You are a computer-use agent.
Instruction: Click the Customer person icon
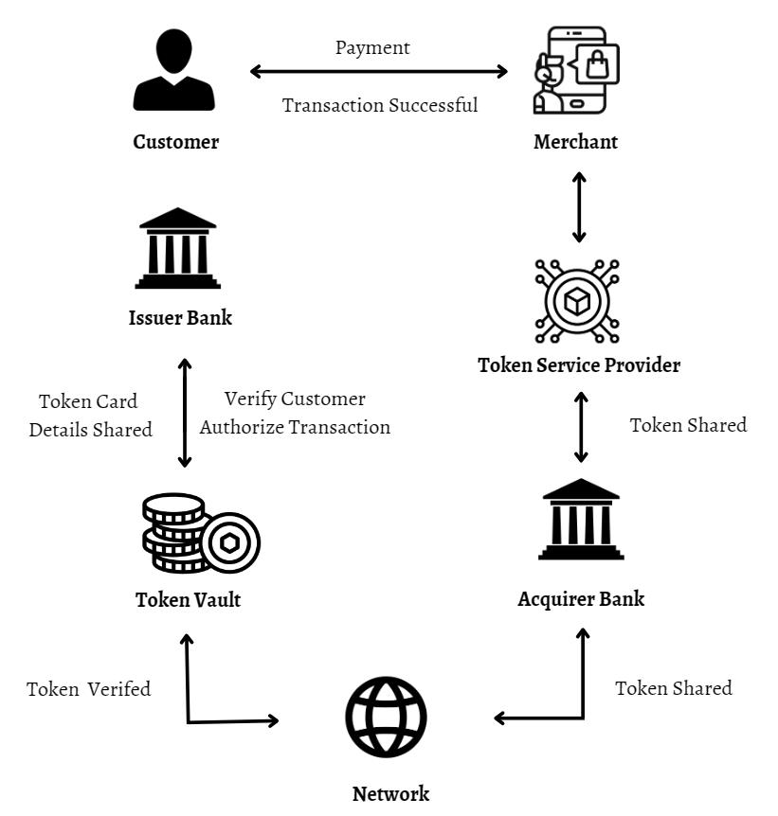[x=174, y=70]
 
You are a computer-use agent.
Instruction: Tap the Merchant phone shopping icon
[x=576, y=70]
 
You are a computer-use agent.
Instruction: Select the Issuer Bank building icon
[x=177, y=248]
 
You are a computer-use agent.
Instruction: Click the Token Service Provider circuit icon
[x=577, y=301]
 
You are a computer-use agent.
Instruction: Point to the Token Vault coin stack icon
[x=200, y=534]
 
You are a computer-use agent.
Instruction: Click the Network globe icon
[x=386, y=717]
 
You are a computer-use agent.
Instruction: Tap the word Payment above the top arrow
[x=372, y=47]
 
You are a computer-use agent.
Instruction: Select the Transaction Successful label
[x=380, y=104]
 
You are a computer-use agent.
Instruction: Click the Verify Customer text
[x=295, y=399]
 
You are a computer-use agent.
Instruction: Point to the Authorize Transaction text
[x=295, y=427]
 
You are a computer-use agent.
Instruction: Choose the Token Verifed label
[x=88, y=688]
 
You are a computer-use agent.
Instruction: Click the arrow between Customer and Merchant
[x=379, y=71]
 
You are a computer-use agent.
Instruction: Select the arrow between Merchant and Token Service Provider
[x=579, y=205]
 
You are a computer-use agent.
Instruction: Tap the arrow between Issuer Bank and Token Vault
[x=185, y=413]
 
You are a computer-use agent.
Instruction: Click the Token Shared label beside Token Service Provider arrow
[x=688, y=425]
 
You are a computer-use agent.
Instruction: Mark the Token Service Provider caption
[x=579, y=364]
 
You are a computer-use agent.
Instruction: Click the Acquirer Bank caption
[x=581, y=598]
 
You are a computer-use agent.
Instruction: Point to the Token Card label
[x=88, y=400]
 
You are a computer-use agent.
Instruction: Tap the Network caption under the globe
[x=390, y=793]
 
